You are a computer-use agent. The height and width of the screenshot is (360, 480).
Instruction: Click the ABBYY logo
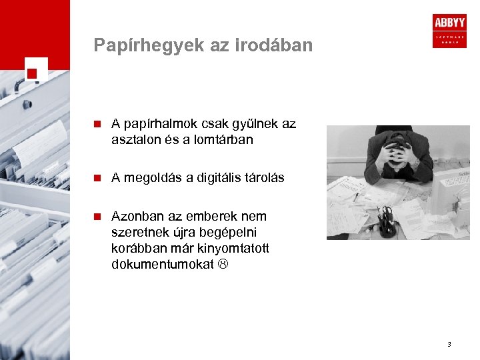pos(449,30)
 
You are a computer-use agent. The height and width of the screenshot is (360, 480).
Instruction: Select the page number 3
pos(449,345)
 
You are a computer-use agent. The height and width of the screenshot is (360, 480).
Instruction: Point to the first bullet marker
pos(97,124)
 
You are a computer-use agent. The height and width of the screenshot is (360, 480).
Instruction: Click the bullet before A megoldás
pos(97,178)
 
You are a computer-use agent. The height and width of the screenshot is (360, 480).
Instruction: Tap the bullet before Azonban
pos(97,217)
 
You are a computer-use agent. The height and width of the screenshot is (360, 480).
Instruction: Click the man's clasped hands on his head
pos(398,155)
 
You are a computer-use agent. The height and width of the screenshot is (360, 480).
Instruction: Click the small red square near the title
pos(31,73)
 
